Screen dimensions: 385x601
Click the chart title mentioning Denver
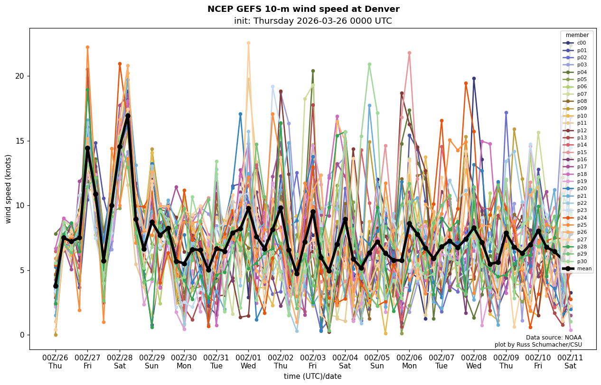pyautogui.click(x=303, y=9)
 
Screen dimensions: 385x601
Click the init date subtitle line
pyautogui.click(x=313, y=21)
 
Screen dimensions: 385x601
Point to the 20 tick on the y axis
pyautogui.click(x=20, y=76)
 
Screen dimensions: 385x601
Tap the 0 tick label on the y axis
pyautogui.click(x=22, y=335)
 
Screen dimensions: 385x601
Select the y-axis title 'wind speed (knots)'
pyautogui.click(x=8, y=189)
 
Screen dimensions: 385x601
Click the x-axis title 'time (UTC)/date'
pyautogui.click(x=312, y=376)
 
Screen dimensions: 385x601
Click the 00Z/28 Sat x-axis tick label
pyautogui.click(x=120, y=362)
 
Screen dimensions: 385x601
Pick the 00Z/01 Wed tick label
pyautogui.click(x=248, y=362)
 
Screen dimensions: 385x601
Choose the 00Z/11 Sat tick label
pyautogui.click(x=570, y=362)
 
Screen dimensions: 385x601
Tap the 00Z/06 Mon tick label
pyautogui.click(x=409, y=362)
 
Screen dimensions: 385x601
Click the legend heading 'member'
pyautogui.click(x=577, y=35)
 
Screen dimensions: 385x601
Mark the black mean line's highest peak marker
pyautogui.click(x=128, y=116)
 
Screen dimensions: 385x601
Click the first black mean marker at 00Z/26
pyautogui.click(x=56, y=286)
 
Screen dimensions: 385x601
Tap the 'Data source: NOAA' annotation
pyautogui.click(x=554, y=338)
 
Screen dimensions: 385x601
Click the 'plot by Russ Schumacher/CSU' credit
pyautogui.click(x=538, y=345)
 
